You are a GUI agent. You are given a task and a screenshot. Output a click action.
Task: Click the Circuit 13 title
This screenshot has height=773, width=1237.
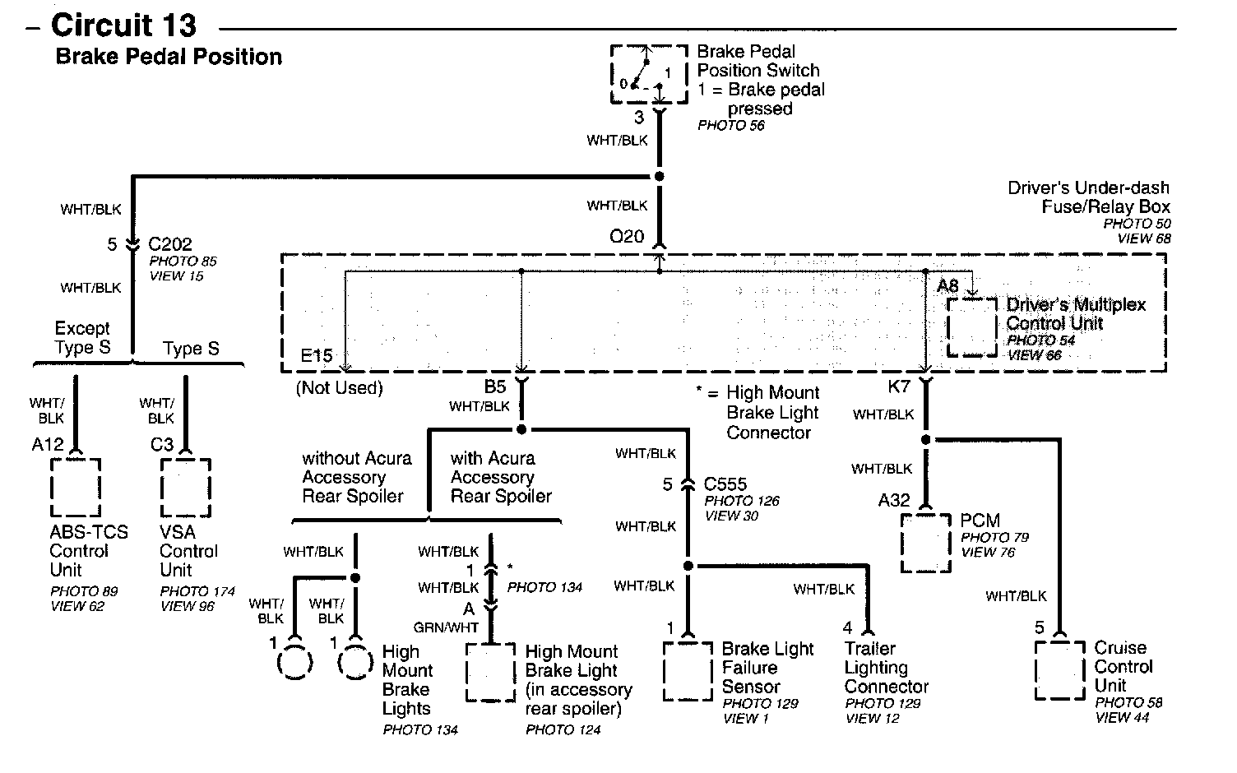coord(123,25)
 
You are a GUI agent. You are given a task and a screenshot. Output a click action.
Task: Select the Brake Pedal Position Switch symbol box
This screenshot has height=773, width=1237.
coord(611,75)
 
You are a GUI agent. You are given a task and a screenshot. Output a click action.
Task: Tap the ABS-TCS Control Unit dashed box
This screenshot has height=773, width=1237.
coord(51,487)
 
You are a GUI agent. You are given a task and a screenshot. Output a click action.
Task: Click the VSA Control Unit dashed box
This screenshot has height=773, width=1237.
coord(162,487)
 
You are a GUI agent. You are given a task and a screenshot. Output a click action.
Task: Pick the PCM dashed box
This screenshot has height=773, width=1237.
coord(901,544)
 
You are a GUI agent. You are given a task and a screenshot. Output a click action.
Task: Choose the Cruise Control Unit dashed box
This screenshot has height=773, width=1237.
coord(1036,670)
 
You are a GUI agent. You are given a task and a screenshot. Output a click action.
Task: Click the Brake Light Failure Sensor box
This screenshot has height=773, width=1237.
coord(665,671)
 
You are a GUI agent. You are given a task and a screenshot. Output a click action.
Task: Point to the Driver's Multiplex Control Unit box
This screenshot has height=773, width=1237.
coord(948,327)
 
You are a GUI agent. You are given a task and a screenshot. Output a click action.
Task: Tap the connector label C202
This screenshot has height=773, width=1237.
coord(170,244)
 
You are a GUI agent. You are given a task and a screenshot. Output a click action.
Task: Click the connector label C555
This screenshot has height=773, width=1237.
coord(725,484)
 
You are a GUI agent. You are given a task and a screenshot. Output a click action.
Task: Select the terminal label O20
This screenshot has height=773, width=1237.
coord(627,236)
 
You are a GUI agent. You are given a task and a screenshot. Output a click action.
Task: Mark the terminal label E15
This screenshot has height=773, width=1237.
coord(317,355)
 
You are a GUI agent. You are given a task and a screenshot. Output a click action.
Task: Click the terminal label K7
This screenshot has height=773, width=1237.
coord(898,386)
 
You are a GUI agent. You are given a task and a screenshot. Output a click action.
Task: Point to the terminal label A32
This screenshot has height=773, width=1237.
coord(894,500)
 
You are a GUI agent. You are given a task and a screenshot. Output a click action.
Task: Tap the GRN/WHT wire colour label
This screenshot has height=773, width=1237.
coord(447,627)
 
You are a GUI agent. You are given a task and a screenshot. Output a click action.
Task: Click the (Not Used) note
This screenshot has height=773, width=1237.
coord(339,387)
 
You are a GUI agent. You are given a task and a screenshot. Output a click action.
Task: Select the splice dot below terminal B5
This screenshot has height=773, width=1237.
coord(521,429)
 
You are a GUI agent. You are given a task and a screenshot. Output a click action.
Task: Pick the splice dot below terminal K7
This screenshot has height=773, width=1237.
coord(926,440)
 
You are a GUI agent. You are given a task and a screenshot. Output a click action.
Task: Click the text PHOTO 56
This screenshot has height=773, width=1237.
coord(731,125)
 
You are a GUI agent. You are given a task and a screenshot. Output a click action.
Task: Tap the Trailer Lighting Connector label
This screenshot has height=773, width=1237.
coord(887,668)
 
